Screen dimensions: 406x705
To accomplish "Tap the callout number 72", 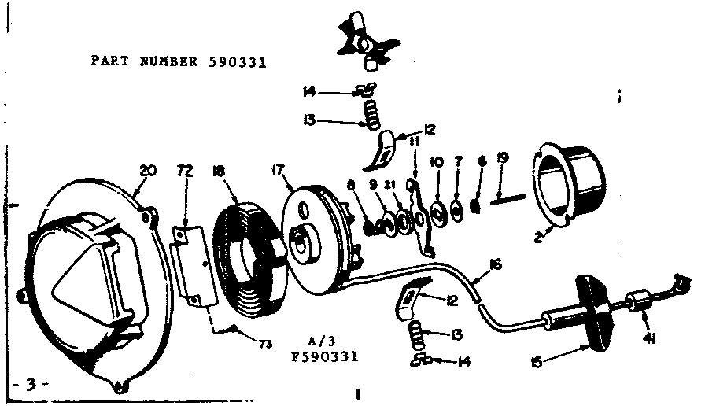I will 184,169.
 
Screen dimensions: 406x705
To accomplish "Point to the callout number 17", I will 280,168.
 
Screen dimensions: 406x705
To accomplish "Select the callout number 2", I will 537,234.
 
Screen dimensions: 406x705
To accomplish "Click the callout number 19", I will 503,158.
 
